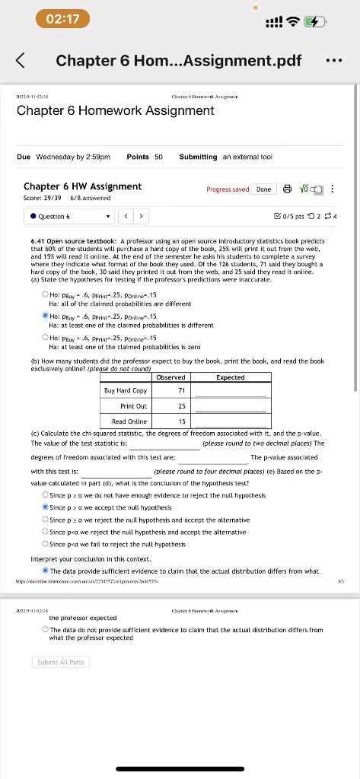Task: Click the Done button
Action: coord(263,189)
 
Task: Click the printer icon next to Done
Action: coord(286,189)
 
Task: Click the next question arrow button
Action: coord(141,216)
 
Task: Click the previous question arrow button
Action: coord(127,216)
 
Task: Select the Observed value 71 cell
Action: coord(181,390)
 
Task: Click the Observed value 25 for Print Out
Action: coord(181,406)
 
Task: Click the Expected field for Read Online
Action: coord(231,421)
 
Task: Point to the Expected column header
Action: coord(231,377)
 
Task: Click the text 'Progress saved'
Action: coord(227,189)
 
